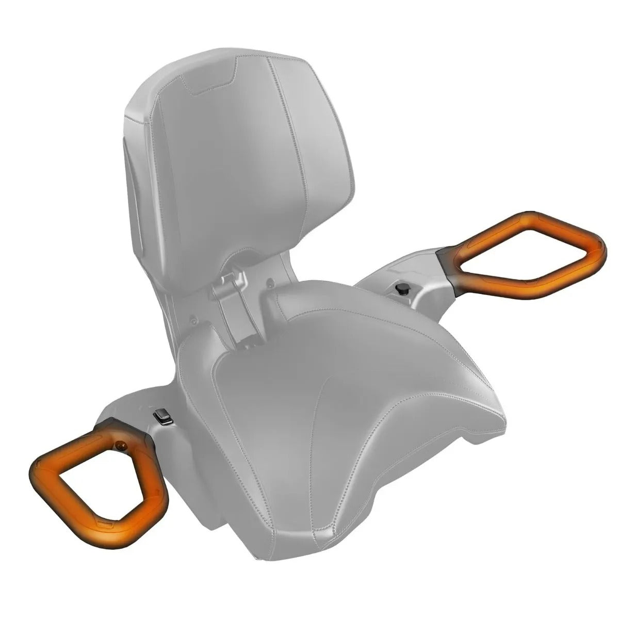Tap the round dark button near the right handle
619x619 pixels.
pyautogui.click(x=401, y=289)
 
